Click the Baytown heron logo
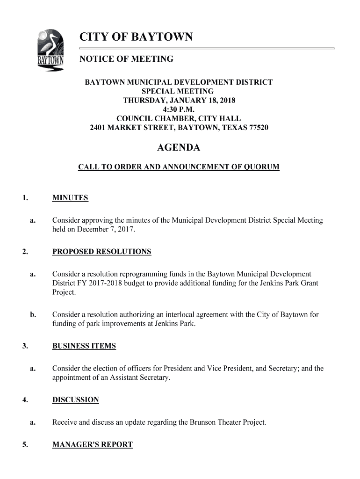50,51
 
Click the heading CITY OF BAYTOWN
136,37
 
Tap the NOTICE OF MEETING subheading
126,59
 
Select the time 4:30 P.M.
179,109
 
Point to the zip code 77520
259,127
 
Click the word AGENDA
179,148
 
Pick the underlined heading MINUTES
70,198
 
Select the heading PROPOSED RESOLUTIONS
101,252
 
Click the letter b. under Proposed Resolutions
33,315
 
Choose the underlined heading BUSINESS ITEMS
84,346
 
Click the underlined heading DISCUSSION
75,400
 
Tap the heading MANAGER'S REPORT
93,445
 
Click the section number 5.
24,445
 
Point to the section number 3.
24,346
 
